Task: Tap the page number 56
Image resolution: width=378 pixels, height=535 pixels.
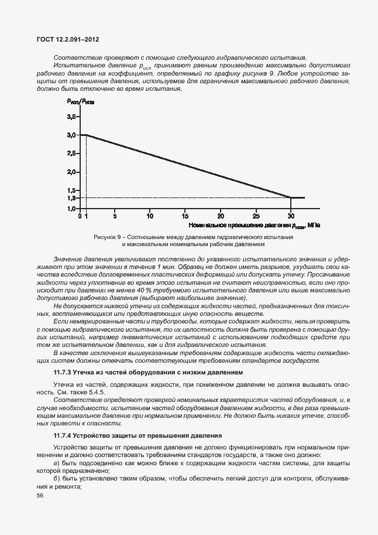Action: [x=40, y=496]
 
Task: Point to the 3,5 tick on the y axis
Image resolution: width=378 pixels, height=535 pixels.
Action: [x=71, y=117]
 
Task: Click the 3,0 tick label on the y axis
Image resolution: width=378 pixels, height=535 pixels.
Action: [x=71, y=135]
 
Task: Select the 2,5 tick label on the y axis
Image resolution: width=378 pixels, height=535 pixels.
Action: [x=71, y=154]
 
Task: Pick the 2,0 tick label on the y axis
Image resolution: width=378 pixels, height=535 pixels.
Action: [x=71, y=172]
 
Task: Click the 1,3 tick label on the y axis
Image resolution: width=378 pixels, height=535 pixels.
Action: [x=71, y=197]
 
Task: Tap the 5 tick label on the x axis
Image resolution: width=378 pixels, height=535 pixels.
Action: [x=115, y=216]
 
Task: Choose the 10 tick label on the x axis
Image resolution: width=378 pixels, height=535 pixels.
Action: [x=150, y=216]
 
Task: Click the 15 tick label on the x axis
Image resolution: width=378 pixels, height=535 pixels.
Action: [x=185, y=216]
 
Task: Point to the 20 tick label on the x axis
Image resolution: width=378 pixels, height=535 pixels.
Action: [x=221, y=216]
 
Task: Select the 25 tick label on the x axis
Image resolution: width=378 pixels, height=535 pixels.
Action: [x=256, y=216]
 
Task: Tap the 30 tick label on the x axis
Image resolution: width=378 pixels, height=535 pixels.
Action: [x=291, y=216]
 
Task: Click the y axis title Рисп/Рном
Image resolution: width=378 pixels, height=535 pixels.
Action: [x=80, y=101]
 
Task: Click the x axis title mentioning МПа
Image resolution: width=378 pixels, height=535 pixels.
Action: [x=255, y=225]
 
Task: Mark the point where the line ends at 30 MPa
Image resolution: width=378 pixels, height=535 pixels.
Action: [x=291, y=197]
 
